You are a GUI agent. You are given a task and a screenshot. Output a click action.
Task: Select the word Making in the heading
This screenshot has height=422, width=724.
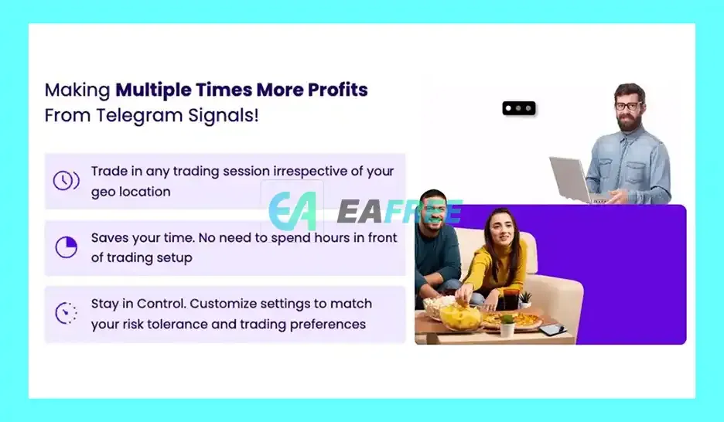click(x=77, y=90)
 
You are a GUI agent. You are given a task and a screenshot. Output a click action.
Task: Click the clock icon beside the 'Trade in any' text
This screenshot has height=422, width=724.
click(x=66, y=180)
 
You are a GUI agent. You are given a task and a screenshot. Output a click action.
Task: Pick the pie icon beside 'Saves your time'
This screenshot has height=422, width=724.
click(x=66, y=247)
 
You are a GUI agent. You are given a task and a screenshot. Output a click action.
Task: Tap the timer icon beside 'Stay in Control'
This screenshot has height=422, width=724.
click(x=66, y=313)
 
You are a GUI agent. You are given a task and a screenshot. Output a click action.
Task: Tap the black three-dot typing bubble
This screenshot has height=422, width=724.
click(x=519, y=108)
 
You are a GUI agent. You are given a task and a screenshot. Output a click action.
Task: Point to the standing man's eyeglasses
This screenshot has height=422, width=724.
click(x=628, y=106)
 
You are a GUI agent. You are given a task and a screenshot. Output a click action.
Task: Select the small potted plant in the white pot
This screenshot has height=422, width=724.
click(x=507, y=325)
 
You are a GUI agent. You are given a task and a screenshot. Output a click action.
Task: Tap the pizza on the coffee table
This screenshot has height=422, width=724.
click(x=513, y=320)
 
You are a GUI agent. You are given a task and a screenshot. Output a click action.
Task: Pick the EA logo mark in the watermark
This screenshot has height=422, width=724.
click(x=292, y=211)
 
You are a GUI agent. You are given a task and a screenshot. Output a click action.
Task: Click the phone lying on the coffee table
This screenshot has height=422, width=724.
click(x=553, y=328)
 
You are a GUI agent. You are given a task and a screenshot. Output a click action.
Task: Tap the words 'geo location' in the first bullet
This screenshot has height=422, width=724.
click(x=131, y=192)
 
